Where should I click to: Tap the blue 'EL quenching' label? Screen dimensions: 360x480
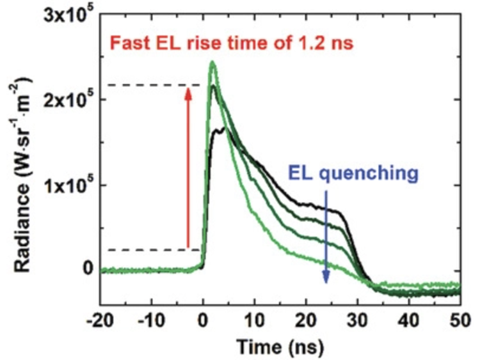coord(353,173)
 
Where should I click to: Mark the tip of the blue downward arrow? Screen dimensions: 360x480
coord(326,282)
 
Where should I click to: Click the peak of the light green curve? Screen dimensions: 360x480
coord(212,63)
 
